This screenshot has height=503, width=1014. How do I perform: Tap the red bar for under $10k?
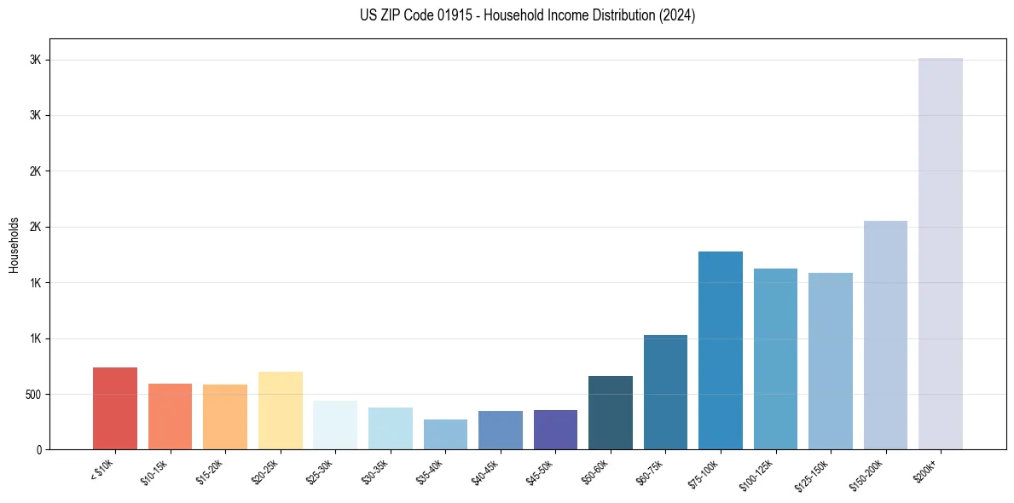click(115, 408)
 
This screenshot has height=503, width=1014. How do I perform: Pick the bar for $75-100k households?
click(721, 350)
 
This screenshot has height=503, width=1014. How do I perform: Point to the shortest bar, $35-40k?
click(445, 434)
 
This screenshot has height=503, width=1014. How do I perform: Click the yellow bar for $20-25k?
click(280, 410)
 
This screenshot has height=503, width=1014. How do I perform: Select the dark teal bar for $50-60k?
click(611, 413)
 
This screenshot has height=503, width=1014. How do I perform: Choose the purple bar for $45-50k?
click(555, 430)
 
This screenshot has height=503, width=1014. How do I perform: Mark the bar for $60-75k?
click(665, 392)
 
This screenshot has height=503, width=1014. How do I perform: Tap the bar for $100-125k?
click(775, 359)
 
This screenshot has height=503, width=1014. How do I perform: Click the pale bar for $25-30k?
click(335, 425)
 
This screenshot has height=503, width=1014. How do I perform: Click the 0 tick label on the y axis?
click(39, 450)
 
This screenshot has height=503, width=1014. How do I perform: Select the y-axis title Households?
click(14, 245)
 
